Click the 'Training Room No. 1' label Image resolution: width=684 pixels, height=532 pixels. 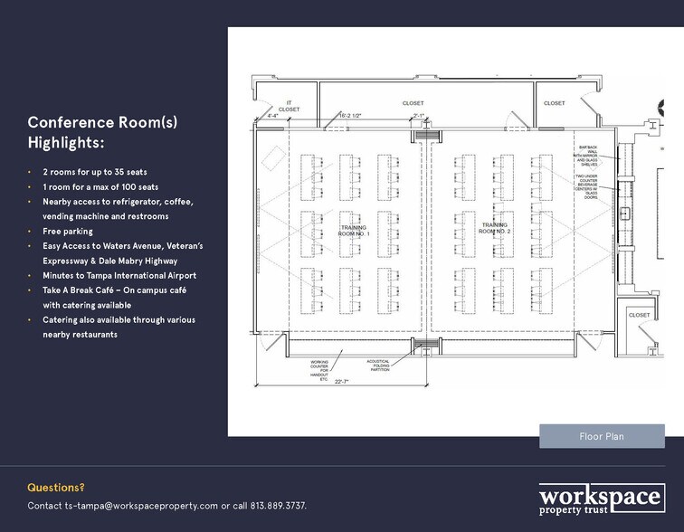(x=355, y=230)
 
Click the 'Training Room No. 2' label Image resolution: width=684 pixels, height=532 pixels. (x=495, y=228)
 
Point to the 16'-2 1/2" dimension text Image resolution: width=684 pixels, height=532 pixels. (x=351, y=116)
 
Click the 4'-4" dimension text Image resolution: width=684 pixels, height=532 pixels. (x=272, y=116)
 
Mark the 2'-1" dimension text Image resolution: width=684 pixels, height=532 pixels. (x=418, y=116)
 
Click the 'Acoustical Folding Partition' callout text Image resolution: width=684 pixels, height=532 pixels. (x=378, y=365)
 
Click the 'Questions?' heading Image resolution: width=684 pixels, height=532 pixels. (x=56, y=487)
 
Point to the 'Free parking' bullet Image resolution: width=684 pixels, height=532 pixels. (x=68, y=232)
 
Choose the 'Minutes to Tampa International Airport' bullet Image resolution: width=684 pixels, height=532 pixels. (x=119, y=275)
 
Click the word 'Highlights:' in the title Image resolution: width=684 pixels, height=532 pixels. (x=66, y=144)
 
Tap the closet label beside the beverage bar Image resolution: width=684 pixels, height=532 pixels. (x=639, y=315)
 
